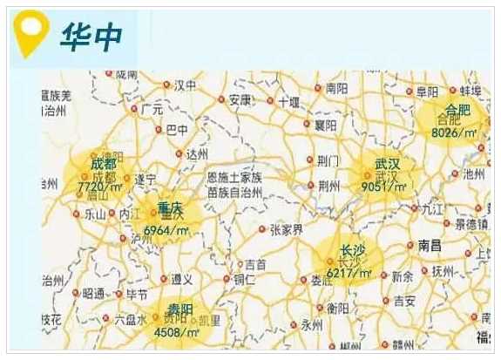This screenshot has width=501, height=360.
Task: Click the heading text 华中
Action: pos(91,35)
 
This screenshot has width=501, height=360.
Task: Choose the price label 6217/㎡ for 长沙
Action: pos(349,273)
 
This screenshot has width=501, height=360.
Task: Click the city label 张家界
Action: pos(286,230)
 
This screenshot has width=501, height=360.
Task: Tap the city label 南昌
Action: pos(430,245)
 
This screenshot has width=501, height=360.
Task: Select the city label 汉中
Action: pos(185,85)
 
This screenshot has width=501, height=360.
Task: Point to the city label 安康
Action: pos(240,100)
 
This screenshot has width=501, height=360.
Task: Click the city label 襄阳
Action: pos(326,125)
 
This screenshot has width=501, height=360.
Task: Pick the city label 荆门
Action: pos(328,160)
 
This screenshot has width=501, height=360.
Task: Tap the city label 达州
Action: pos(197,153)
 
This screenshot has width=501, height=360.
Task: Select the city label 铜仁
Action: pos(244,279)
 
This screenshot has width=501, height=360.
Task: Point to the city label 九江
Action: pos(432,209)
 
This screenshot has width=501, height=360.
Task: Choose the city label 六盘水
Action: pos(130,320)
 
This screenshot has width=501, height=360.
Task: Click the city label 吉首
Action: pos(254,263)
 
